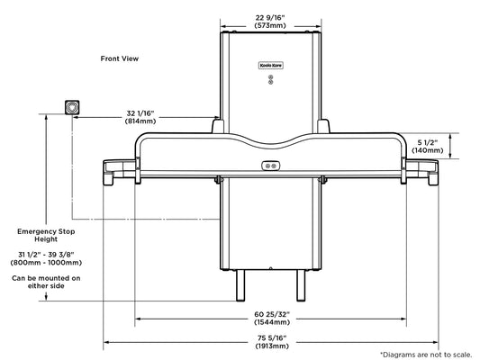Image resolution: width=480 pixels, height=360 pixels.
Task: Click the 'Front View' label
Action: pos(120,58)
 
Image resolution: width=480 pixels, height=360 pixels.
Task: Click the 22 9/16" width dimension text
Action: pos(270,18)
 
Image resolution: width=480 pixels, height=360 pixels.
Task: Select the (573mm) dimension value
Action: pos(270,26)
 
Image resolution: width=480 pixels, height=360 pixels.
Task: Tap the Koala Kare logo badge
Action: pos(270,66)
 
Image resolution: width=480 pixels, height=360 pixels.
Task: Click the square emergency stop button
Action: pos(72,107)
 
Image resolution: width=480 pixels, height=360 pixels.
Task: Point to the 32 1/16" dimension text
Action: pos(140,113)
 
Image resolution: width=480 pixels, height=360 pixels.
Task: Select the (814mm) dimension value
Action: pos(140,121)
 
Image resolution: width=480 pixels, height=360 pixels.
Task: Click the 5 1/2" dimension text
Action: pos(428,142)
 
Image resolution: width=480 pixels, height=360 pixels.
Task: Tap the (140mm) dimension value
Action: pos(428,150)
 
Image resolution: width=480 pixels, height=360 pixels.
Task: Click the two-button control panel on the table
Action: pos(270,166)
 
